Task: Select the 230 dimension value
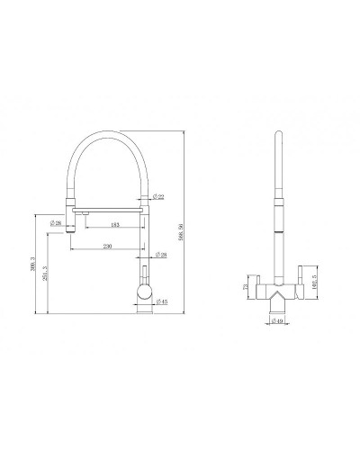point(107,246)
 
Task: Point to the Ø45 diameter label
point(162,301)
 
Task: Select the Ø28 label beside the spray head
point(56,223)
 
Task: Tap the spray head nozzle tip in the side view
point(71,233)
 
